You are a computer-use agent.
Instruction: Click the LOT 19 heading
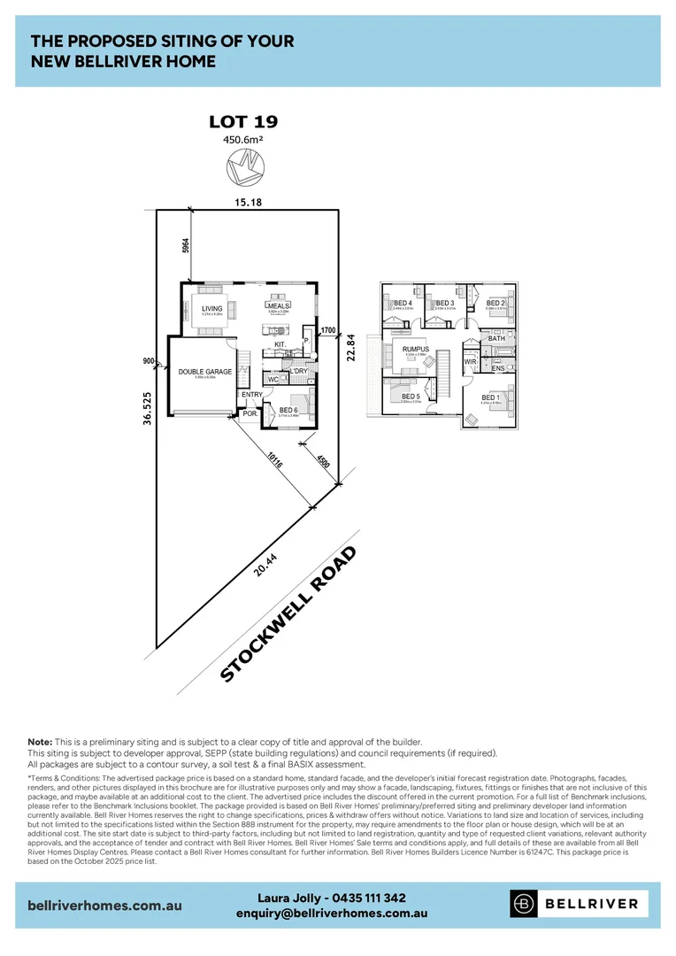[x=242, y=121]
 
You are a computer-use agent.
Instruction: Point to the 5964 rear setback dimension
[x=185, y=246]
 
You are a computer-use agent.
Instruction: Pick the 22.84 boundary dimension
[x=350, y=346]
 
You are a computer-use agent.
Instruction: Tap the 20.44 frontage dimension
[x=259, y=564]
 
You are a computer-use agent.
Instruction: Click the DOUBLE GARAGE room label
[x=204, y=372]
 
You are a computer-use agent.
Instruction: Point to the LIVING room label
[x=211, y=308]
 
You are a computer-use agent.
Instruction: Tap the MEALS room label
[x=279, y=305]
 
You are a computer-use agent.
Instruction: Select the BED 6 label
[x=288, y=410]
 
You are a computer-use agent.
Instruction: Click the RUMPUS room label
[x=415, y=349]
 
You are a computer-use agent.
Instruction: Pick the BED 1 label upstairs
[x=489, y=397]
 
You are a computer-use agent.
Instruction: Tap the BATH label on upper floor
[x=496, y=338]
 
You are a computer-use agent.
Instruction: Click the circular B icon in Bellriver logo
[x=525, y=904]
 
